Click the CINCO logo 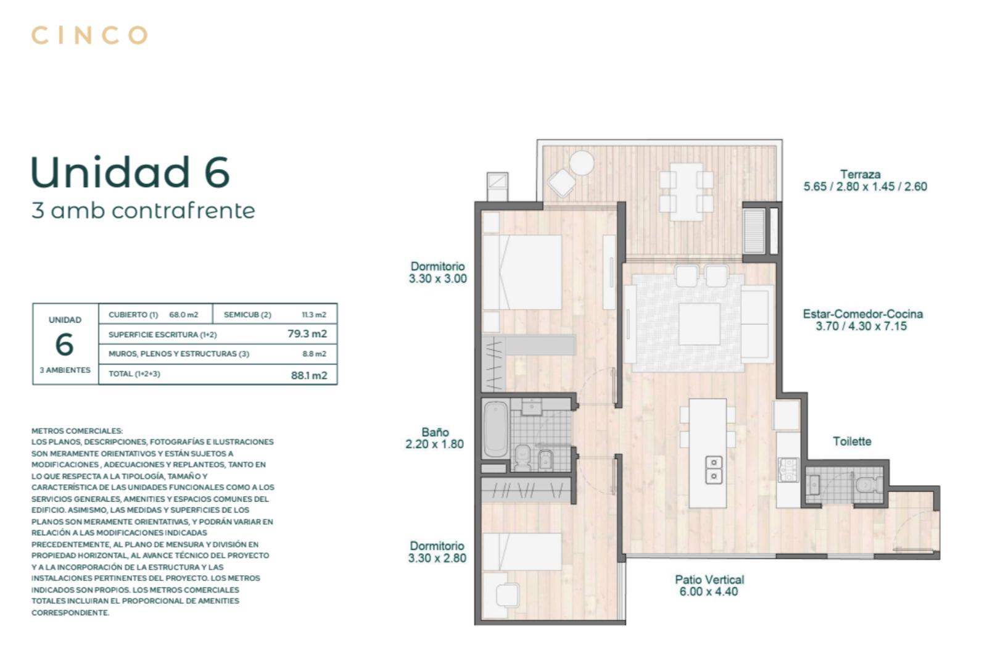pyautogui.click(x=89, y=35)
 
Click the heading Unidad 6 pyautogui.click(x=130, y=172)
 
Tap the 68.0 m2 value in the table pyautogui.click(x=184, y=315)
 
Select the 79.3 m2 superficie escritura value pyautogui.click(x=307, y=334)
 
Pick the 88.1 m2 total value pyautogui.click(x=309, y=375)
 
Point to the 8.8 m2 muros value pyautogui.click(x=314, y=354)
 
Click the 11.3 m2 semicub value pyautogui.click(x=314, y=315)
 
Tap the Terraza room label pyautogui.click(x=860, y=174)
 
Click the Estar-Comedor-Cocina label pyautogui.click(x=862, y=314)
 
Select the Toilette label pyautogui.click(x=852, y=441)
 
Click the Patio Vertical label pyautogui.click(x=709, y=580)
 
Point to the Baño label pyautogui.click(x=435, y=432)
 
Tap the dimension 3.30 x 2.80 pyautogui.click(x=437, y=558)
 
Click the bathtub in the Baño pyautogui.click(x=496, y=429)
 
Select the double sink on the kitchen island pyautogui.click(x=714, y=470)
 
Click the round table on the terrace pyautogui.click(x=582, y=163)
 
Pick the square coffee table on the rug pyautogui.click(x=700, y=324)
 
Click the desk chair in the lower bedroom pyautogui.click(x=508, y=595)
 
